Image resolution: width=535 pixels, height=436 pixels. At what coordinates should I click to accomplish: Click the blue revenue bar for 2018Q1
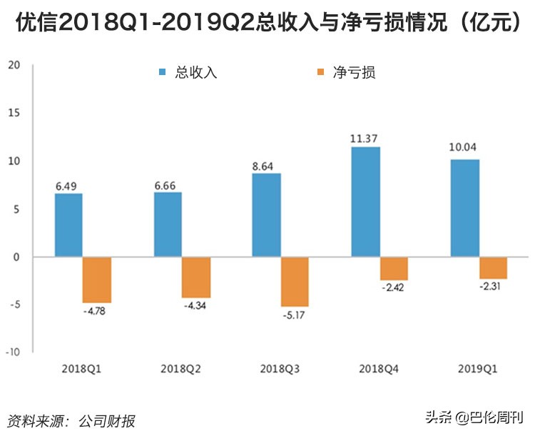click(68, 225)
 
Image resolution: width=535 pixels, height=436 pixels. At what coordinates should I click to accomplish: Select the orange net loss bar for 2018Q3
click(295, 282)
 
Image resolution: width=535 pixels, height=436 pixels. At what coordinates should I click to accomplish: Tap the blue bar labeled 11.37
click(365, 202)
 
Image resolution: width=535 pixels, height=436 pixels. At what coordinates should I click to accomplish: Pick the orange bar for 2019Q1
click(493, 268)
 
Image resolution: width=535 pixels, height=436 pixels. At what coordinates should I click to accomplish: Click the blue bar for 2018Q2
click(168, 224)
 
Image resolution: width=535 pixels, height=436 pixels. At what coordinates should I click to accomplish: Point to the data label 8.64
click(267, 165)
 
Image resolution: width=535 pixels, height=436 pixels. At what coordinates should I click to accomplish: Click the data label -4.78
click(96, 311)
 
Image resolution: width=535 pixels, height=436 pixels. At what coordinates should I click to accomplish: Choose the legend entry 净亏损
click(354, 72)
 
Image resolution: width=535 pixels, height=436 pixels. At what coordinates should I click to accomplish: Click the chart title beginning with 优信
click(267, 22)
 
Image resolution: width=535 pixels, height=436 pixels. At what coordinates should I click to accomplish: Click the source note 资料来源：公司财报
click(71, 420)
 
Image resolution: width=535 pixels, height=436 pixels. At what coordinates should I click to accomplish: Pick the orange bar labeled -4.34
click(195, 277)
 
